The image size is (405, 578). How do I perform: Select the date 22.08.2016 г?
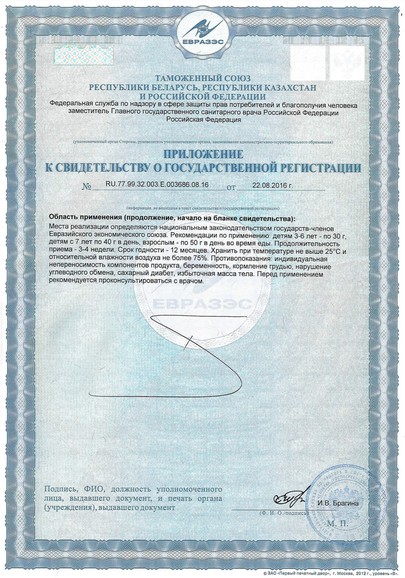[273, 185]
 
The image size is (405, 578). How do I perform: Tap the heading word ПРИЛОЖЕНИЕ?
[203, 154]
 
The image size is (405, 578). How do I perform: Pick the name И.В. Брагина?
[338, 503]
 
